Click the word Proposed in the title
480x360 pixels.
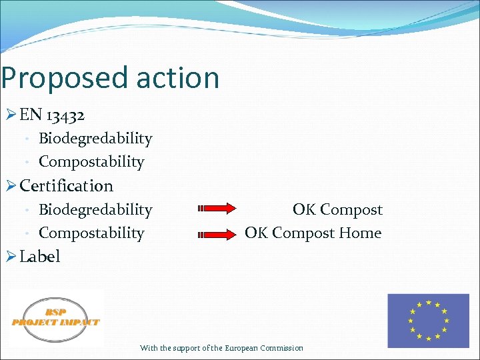point(64,78)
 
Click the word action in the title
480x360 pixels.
point(177,78)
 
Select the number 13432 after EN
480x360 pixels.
point(65,115)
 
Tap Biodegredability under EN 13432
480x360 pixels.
point(95,139)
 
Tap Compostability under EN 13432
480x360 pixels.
point(91,162)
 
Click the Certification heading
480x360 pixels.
point(67,186)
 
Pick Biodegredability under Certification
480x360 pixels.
point(95,210)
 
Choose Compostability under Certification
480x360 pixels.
point(91,233)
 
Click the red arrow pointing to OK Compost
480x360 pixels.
point(217,209)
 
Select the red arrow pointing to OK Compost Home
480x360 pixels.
point(217,234)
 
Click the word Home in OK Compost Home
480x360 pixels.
point(360,233)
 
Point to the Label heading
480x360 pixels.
point(40,257)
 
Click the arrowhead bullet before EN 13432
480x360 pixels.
point(10,115)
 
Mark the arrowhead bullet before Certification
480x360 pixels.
point(10,186)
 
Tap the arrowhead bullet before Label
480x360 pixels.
point(10,257)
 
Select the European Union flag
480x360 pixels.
point(428,321)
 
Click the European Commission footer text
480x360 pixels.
point(221,348)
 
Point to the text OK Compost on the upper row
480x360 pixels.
point(337,210)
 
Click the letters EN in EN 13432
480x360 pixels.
point(31,115)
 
